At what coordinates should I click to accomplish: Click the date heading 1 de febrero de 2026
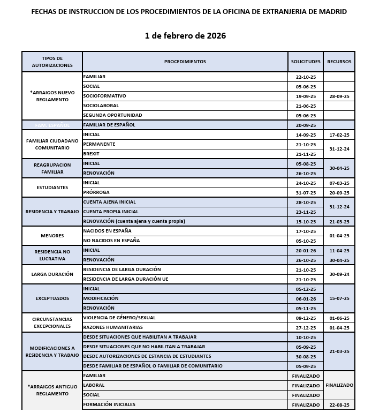185,36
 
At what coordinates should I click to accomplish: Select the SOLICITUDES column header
306,62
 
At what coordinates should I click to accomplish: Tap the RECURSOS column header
339,62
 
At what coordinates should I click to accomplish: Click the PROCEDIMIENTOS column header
185,62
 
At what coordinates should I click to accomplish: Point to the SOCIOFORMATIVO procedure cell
105,96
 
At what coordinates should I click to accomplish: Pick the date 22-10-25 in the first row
306,77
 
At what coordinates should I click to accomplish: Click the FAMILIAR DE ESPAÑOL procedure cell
109,125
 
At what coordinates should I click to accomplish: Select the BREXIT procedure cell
92,154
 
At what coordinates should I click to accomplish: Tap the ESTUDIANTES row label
52,187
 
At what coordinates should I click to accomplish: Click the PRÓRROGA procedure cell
96,192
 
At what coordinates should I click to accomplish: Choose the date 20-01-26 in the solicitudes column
306,250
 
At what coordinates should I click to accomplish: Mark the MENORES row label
52,236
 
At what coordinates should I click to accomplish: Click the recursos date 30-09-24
339,274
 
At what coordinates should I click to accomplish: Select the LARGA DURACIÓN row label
52,274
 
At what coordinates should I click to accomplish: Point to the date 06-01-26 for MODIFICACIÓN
306,298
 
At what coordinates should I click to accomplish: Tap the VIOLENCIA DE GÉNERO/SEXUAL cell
119,318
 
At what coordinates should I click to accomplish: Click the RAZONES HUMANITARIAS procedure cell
113,327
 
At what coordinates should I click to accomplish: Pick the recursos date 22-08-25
339,404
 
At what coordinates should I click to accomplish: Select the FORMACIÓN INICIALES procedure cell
109,404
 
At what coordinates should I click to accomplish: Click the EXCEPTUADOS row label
52,298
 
